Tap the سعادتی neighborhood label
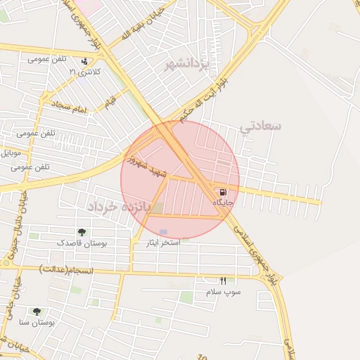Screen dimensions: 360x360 [x=260, y=126]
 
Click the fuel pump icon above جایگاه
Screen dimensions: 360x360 [x=223, y=192]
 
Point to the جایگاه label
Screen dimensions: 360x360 [x=223, y=202]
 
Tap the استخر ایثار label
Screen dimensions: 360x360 [x=160, y=242]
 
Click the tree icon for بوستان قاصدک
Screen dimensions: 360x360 [x=82, y=232]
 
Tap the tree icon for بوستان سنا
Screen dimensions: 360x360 [x=37, y=311]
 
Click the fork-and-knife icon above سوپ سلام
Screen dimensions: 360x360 [x=224, y=281]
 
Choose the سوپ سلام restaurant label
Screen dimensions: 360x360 [x=224, y=291]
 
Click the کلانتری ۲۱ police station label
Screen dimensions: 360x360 [x=84, y=72]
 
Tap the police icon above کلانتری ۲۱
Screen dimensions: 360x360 [x=84, y=61]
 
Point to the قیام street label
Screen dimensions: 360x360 [x=110, y=103]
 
